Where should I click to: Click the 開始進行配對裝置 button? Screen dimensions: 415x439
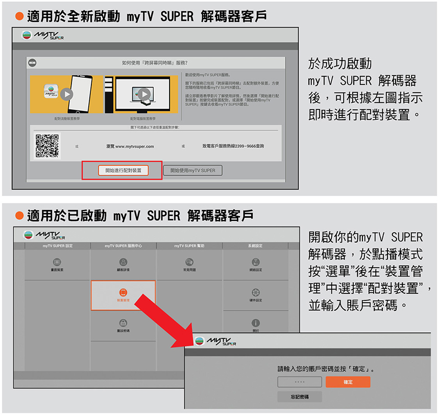point(123,170)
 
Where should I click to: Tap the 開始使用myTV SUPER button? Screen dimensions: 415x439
point(192,170)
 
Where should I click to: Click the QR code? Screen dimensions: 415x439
point(47,146)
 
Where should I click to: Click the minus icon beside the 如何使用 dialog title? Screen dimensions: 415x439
point(33,62)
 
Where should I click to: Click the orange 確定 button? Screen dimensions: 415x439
point(348,382)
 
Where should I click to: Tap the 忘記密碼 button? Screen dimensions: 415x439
point(300,397)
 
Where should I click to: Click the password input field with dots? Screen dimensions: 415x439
point(300,382)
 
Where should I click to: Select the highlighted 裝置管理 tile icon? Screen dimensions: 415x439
point(123,292)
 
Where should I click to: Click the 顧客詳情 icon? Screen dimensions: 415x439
point(123,262)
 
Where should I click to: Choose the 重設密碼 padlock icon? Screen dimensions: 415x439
point(123,323)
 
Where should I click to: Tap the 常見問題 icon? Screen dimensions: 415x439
point(189,262)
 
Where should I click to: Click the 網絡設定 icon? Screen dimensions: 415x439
point(256,262)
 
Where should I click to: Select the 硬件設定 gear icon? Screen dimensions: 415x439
point(256,292)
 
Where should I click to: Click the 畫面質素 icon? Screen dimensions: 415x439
point(57,262)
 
